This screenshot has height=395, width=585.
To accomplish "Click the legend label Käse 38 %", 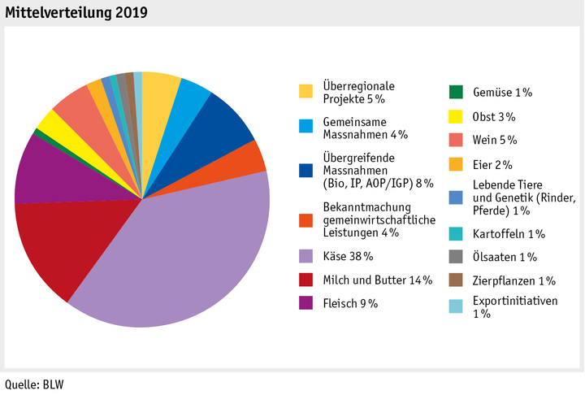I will click(x=348, y=257).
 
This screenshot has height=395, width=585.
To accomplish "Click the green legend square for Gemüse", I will click(x=457, y=92).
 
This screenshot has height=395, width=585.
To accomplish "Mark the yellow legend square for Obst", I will click(x=457, y=116).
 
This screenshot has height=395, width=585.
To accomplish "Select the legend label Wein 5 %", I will click(x=494, y=140).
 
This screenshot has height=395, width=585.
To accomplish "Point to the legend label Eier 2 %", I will click(x=492, y=164).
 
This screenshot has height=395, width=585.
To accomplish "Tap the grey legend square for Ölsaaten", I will click(x=457, y=258).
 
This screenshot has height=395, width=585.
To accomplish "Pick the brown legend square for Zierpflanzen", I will click(x=457, y=281).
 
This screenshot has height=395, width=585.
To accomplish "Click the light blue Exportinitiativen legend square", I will click(x=457, y=306).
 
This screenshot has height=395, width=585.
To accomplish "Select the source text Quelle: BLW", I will click(x=34, y=384).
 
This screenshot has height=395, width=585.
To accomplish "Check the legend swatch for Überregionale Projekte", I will click(x=305, y=91).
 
